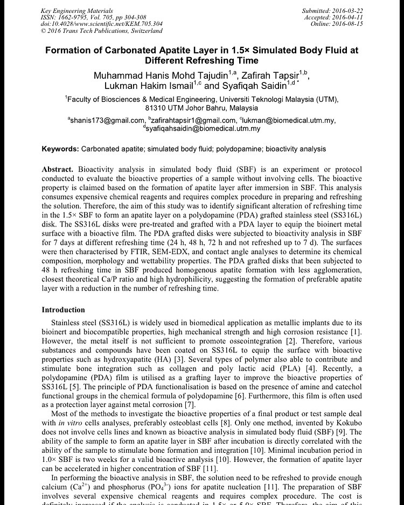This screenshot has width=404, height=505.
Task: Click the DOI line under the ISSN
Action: coord(101,24)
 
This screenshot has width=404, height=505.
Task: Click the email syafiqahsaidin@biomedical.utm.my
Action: coord(204,129)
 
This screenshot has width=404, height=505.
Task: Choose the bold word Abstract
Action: coord(58,169)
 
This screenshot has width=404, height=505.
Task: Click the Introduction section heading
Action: coord(63,310)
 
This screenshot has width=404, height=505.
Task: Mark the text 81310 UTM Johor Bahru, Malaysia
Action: coord(202,108)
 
